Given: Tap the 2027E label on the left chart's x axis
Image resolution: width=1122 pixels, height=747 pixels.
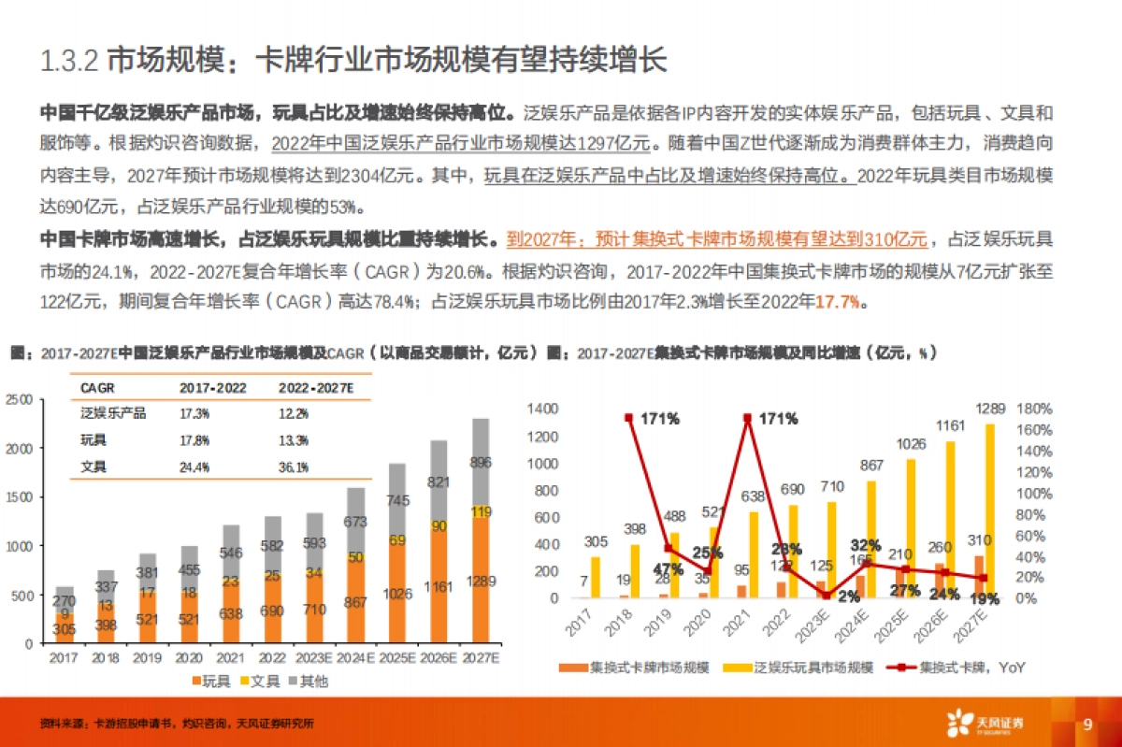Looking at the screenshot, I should pyautogui.click(x=480, y=658).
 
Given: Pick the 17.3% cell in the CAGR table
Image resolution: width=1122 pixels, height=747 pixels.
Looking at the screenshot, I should pyautogui.click(x=194, y=412).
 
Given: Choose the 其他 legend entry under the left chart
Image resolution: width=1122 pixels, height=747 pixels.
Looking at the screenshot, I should pyautogui.click(x=307, y=681).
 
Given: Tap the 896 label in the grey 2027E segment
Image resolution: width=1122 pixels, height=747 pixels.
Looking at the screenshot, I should pyautogui.click(x=481, y=462).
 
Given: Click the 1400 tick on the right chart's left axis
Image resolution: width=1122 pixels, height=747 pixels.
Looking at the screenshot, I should pyautogui.click(x=542, y=409).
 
